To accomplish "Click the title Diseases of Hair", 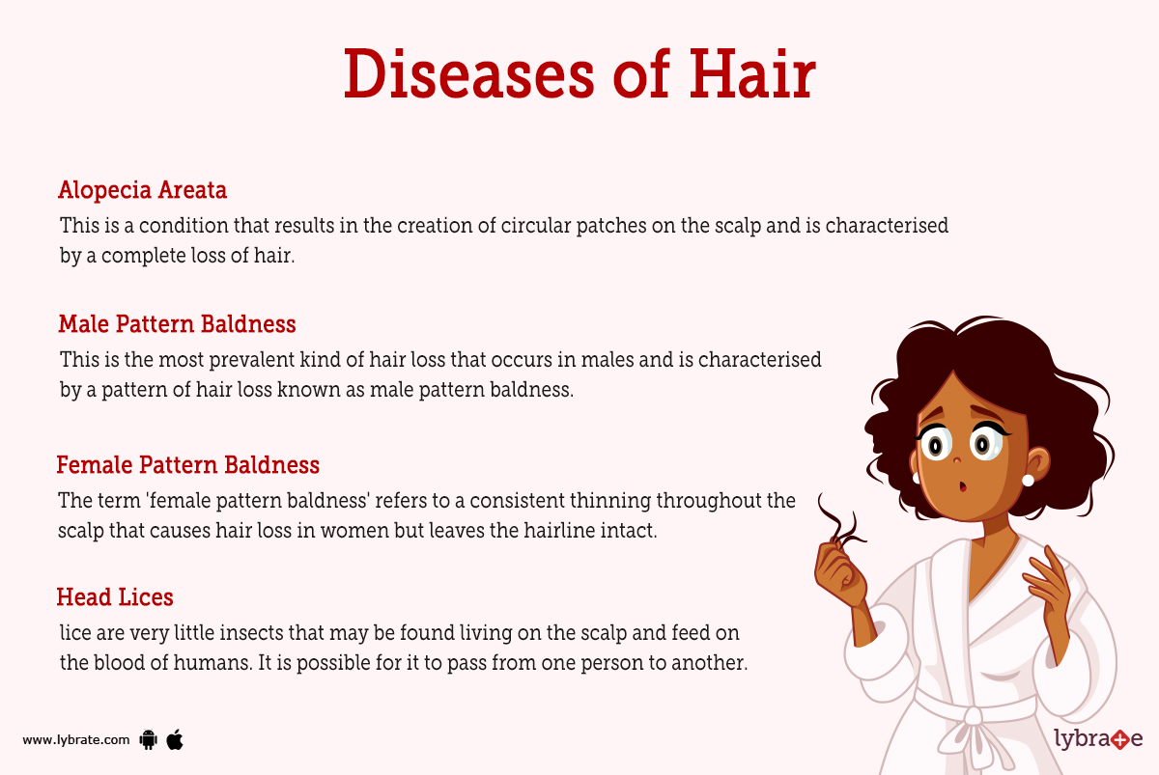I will (579, 74).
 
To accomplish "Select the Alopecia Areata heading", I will (142, 190).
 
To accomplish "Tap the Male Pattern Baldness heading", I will (177, 323).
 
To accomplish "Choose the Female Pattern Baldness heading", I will (187, 465).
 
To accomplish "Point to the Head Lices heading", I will (115, 597).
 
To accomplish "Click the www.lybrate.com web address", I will (75, 740).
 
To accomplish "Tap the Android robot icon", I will (148, 740).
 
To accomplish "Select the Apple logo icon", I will (175, 740).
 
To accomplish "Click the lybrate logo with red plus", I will (1098, 739).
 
